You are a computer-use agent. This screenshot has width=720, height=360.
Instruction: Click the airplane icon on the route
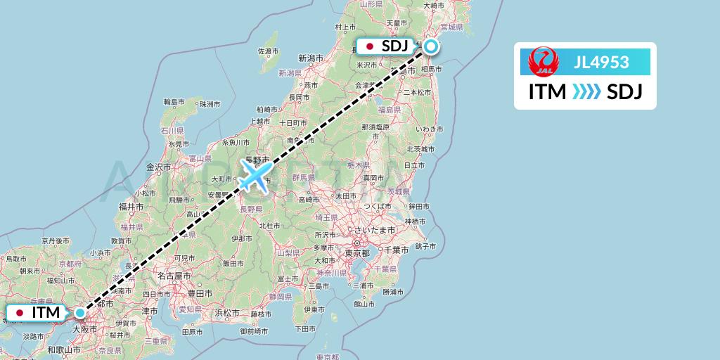pos(255,175)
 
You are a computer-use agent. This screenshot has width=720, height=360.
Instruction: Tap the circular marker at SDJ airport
pos(430,47)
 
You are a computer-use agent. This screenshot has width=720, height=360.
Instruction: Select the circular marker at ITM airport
pos(80,312)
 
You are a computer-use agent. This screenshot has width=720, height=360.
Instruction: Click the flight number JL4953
pos(601,63)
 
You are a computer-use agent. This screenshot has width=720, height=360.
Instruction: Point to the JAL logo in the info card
pos(543,62)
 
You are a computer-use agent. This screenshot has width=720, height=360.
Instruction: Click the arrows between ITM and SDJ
pos(586,92)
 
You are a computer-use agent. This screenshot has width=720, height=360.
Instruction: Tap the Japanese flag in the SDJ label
pos(370,47)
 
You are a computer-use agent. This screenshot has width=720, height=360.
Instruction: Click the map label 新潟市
pos(310,58)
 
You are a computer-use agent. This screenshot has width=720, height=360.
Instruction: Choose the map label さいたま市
pos(373,231)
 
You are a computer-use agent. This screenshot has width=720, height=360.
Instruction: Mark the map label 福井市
pos(131,207)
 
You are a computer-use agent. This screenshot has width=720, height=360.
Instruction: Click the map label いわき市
pos(428,129)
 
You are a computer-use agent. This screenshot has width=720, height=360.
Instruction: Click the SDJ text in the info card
pos(624,92)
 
